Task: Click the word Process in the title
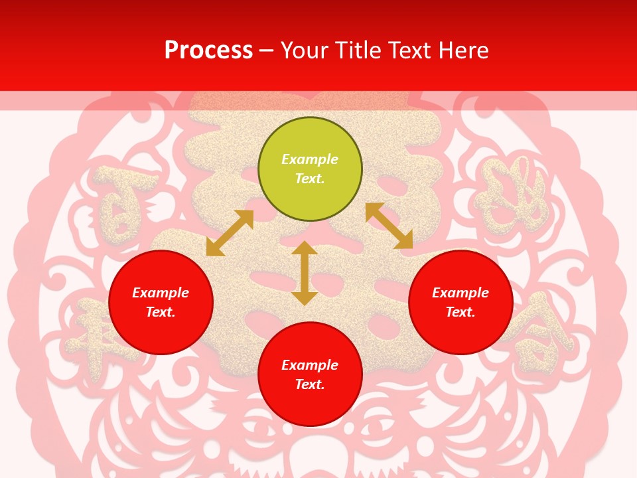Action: click(208, 50)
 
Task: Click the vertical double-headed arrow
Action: click(305, 273)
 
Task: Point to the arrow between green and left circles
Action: click(230, 233)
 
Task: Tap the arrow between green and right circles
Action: click(389, 226)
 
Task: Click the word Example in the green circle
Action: click(310, 159)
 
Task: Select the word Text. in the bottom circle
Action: click(310, 384)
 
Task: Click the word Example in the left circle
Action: click(161, 293)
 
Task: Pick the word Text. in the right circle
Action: click(460, 312)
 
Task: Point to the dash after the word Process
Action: click(267, 51)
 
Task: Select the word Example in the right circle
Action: click(460, 293)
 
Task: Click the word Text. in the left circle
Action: click(161, 312)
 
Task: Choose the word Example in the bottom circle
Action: click(310, 365)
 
